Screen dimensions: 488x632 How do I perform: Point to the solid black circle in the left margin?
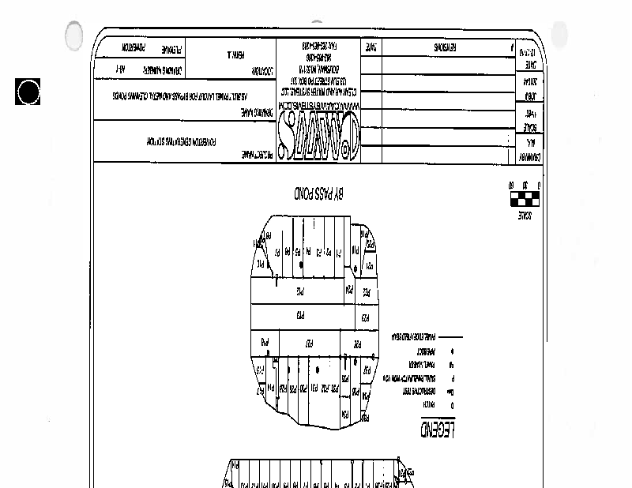pos(28,92)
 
